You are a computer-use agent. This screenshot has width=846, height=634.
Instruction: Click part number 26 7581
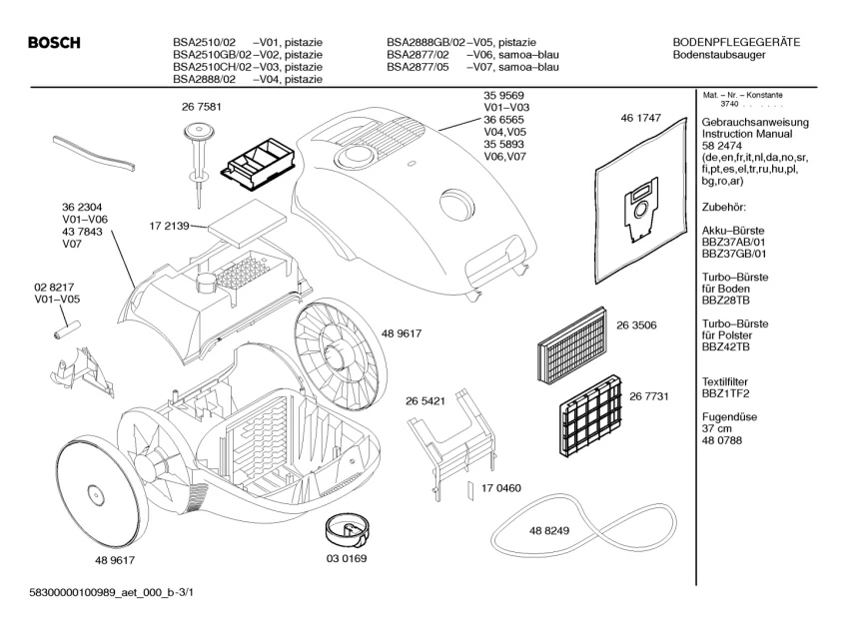[201, 107]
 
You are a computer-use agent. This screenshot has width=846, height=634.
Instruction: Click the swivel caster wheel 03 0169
[346, 527]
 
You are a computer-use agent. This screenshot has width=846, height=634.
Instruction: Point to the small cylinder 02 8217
[71, 325]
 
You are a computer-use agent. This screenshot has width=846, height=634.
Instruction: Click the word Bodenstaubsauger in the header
[720, 54]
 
